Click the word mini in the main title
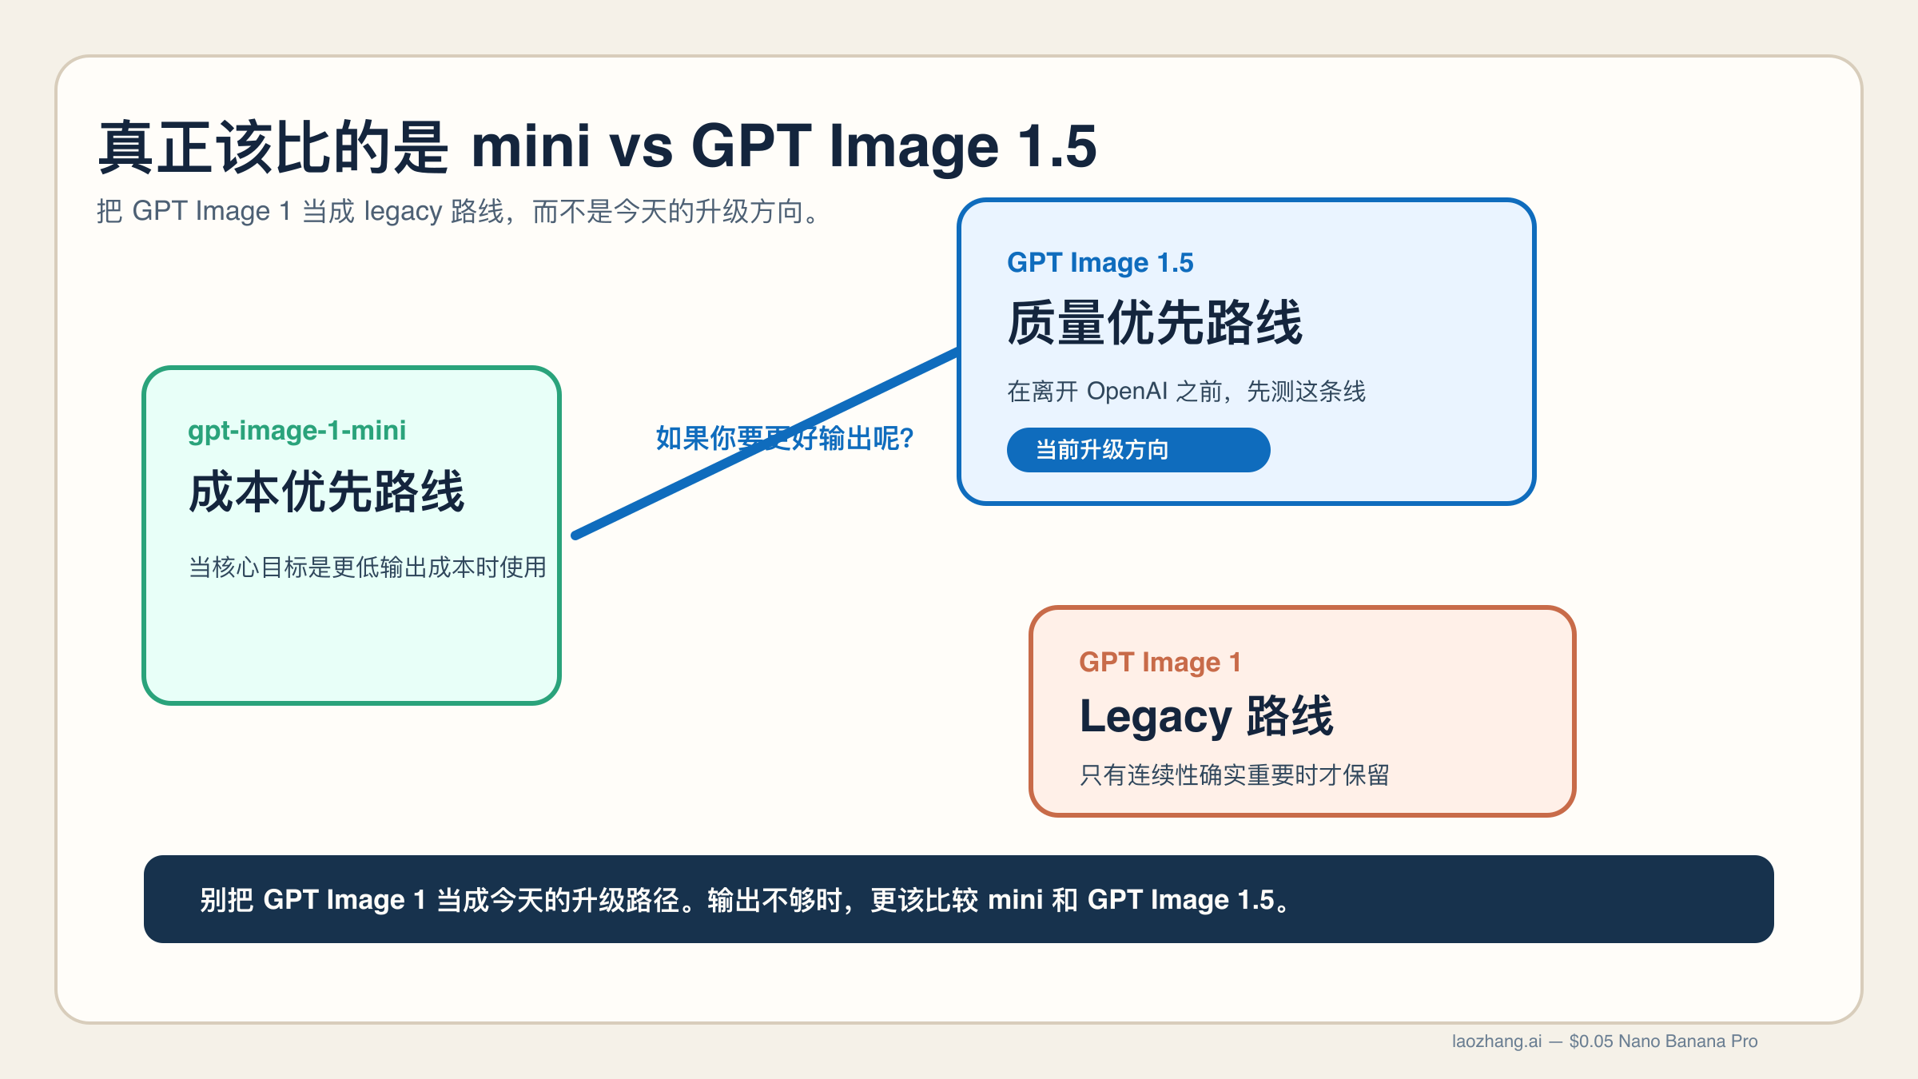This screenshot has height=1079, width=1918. [x=531, y=147]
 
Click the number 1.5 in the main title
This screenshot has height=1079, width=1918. [x=1056, y=147]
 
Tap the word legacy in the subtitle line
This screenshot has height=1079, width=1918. [x=403, y=212]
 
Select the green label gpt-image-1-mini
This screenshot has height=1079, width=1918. [x=296, y=431]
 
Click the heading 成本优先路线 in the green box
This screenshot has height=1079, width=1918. [x=326, y=492]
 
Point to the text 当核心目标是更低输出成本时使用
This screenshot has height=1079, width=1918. [x=367, y=567]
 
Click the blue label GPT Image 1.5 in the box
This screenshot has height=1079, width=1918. [x=1100, y=263]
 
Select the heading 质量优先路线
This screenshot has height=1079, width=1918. [x=1154, y=324]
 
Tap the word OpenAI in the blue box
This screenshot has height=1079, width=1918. [x=1127, y=392]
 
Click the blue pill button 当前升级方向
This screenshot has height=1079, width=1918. [x=1137, y=450]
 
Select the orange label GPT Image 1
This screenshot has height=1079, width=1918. [x=1160, y=663]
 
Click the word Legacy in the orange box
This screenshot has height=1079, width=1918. [x=1155, y=717]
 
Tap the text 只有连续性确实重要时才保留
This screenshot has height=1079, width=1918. [x=1234, y=775]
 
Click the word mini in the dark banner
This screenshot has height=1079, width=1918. [x=1015, y=900]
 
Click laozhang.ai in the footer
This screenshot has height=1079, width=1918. [x=1496, y=1041]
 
